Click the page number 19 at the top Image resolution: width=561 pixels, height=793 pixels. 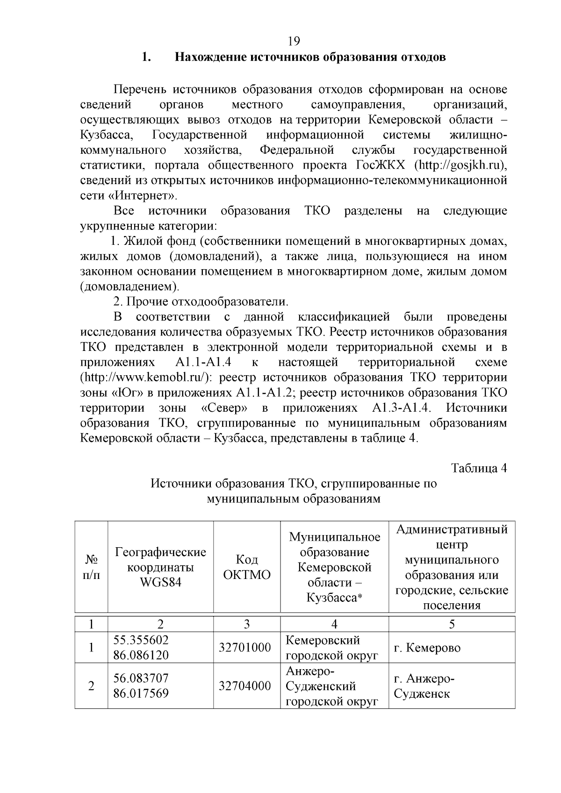click(x=294, y=42)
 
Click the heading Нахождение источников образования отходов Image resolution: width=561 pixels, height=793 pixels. click(x=310, y=57)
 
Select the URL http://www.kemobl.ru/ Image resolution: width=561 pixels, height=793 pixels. click(x=147, y=378)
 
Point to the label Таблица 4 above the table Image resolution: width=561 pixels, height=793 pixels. click(x=479, y=468)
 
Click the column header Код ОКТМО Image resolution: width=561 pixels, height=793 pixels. click(x=247, y=567)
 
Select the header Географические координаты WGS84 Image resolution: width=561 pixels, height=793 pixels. click(x=160, y=567)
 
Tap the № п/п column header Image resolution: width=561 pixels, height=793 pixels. click(x=91, y=567)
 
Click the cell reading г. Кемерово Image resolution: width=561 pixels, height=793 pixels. click(x=427, y=648)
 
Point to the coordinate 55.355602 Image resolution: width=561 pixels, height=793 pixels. click(x=141, y=640)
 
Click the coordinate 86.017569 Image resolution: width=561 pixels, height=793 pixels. click(x=141, y=693)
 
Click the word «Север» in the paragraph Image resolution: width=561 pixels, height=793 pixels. click(x=224, y=408)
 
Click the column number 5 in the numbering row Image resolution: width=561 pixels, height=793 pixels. click(x=452, y=624)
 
